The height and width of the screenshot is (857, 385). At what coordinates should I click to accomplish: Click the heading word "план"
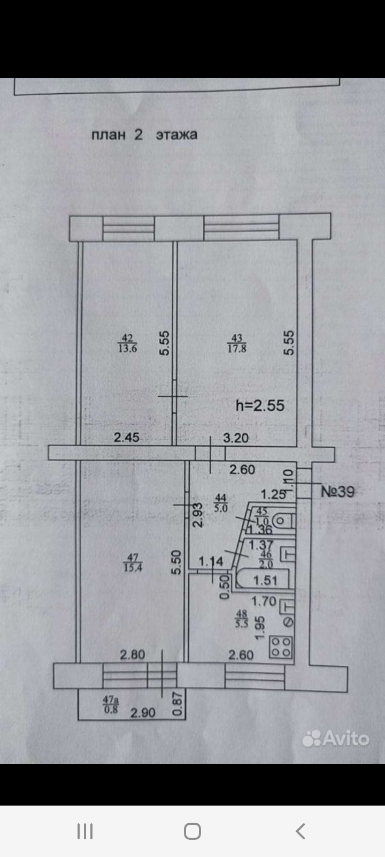(109, 134)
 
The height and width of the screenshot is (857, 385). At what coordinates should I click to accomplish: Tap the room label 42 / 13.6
(127, 343)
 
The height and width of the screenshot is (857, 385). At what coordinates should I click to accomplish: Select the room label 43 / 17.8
(237, 343)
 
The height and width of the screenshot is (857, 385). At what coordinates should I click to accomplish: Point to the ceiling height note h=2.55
(260, 405)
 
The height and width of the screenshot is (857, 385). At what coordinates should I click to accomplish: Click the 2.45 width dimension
(127, 437)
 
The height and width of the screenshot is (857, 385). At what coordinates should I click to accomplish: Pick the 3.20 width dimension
(236, 438)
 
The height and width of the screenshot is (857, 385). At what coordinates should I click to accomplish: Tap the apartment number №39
(337, 491)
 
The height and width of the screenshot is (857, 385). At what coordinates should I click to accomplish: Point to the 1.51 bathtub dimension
(265, 580)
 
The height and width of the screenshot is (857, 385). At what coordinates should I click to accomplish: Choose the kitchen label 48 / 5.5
(242, 619)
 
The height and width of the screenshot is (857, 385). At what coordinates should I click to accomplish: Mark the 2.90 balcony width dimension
(143, 713)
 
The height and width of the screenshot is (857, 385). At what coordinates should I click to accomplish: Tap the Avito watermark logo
(336, 739)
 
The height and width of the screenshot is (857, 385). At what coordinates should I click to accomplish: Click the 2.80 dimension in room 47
(133, 654)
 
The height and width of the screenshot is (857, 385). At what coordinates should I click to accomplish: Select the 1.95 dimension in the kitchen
(260, 627)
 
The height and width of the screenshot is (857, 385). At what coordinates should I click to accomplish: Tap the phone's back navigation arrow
(300, 831)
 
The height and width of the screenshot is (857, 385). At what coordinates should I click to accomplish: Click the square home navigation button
(192, 831)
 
